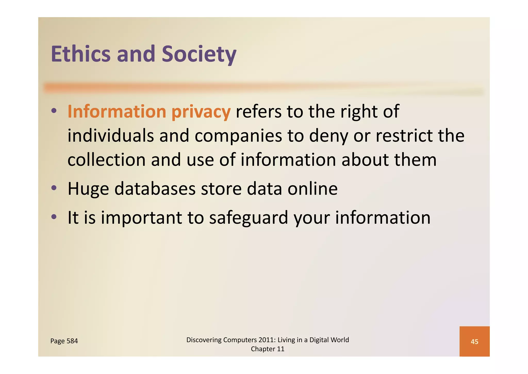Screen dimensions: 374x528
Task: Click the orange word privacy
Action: coord(201,112)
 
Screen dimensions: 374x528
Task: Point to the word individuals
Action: coord(111,136)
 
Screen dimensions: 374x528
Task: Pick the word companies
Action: coord(238,136)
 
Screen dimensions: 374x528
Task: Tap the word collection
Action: coord(106,160)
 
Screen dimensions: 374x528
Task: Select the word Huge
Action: coord(88,189)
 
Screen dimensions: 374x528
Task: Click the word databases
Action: coord(155,189)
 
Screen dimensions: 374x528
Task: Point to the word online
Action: coord(312,189)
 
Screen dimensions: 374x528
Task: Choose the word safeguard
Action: coord(249,218)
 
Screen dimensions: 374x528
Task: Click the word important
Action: coord(141,218)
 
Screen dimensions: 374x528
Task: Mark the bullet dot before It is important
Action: coord(54,217)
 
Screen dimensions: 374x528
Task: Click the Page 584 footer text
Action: coord(64,341)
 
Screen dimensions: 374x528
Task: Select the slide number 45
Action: coord(474,342)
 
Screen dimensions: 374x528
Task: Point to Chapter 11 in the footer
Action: coord(268,349)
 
